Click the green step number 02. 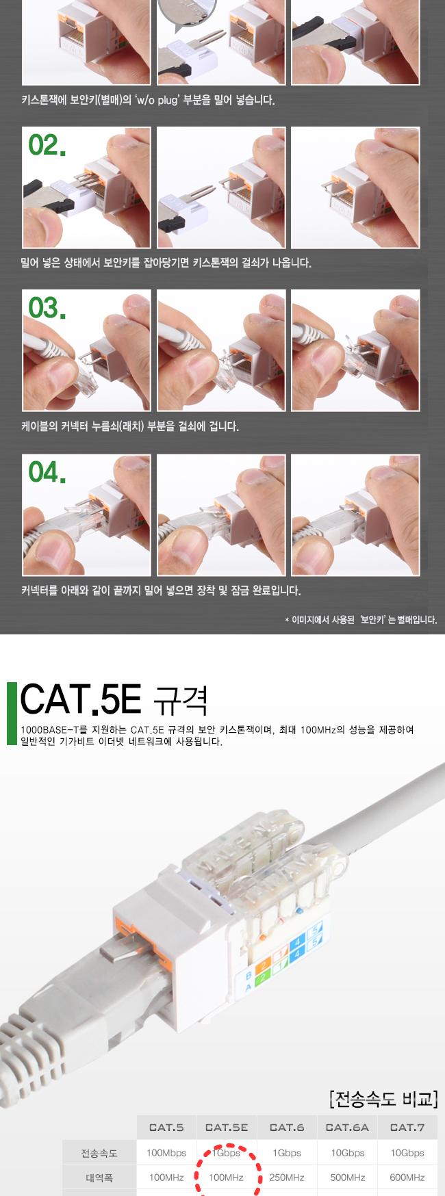[x=47, y=146]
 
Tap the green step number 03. [x=47, y=309]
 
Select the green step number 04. [x=47, y=472]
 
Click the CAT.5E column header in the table [x=227, y=1127]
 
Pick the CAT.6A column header [x=347, y=1127]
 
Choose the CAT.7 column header [x=407, y=1127]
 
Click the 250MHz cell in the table [x=287, y=1178]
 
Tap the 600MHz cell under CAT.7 [x=407, y=1178]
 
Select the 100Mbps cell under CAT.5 [x=166, y=1153]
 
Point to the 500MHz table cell [x=347, y=1178]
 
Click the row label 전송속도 [x=99, y=1153]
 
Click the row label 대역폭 [x=99, y=1178]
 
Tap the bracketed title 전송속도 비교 [x=383, y=1099]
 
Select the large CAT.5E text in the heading [x=80, y=699]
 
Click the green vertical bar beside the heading [x=10, y=712]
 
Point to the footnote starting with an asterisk [x=360, y=620]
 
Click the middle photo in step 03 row [x=221, y=350]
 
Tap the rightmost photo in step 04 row [x=355, y=515]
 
